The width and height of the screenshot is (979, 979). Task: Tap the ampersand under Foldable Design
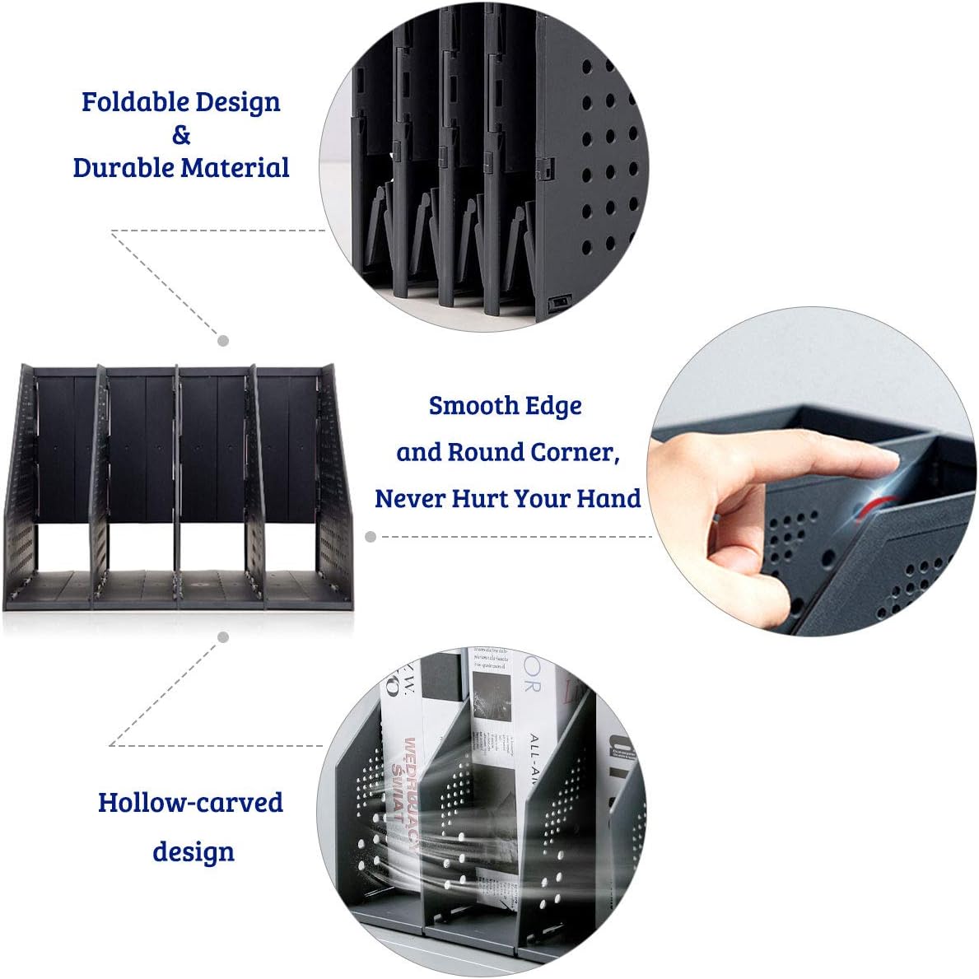pos(181,134)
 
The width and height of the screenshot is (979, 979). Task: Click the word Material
pos(235,168)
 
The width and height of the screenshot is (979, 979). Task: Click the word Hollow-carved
pos(190,803)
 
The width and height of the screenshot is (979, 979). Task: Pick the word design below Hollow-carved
pos(193,851)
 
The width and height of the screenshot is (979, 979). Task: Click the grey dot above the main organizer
pos(223,340)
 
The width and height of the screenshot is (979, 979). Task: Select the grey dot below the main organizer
pos(223,636)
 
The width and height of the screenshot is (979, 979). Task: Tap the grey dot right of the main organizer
pos(371,537)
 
